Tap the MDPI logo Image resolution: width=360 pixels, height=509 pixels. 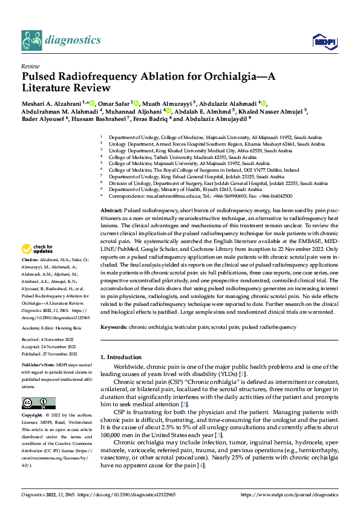(x=321, y=41)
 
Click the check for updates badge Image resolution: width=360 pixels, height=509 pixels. (x=38, y=265)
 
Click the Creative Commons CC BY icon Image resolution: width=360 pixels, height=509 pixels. (x=38, y=403)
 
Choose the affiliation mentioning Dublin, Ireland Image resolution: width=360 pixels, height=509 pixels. (x=203, y=170)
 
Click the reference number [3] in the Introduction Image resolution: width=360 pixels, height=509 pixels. (x=219, y=435)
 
